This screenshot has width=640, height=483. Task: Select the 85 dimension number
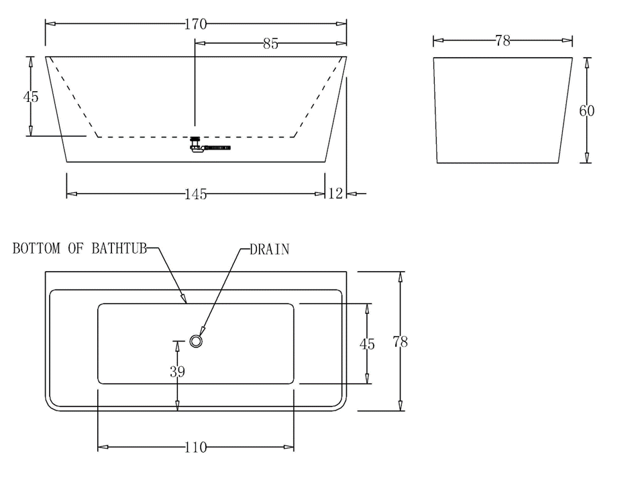270,44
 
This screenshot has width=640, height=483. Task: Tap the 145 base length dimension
196,195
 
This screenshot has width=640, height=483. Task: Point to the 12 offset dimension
336,194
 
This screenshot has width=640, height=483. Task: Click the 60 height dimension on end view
586,111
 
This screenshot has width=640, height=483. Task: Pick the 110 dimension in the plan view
195,447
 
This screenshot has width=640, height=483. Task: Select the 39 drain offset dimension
177,371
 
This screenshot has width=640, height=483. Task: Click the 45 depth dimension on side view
31,97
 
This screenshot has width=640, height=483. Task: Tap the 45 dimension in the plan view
367,344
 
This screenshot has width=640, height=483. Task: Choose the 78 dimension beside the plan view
401,341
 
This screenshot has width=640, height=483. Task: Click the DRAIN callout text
269,250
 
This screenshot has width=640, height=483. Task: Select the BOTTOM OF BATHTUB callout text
80,249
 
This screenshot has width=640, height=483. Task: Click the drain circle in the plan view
196,341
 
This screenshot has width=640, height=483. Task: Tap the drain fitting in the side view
197,145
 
